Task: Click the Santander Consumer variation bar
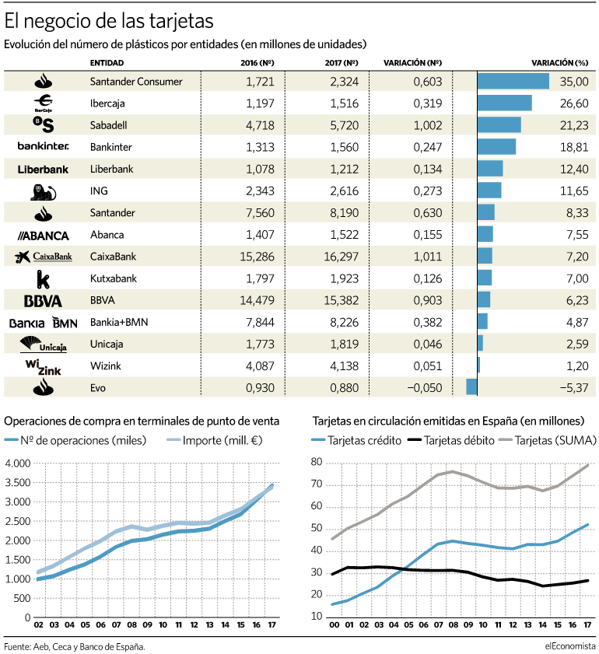tap(513, 81)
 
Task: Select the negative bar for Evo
tap(471, 386)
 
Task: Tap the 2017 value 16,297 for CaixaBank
tap(342, 257)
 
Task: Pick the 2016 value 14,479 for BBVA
tap(257, 300)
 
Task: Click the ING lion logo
tap(43, 192)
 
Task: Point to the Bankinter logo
tap(43, 146)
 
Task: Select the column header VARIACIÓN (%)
tap(559, 63)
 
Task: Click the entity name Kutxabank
tap(113, 278)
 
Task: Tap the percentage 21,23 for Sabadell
tap(574, 125)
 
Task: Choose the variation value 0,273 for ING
tap(428, 191)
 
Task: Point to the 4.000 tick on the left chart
tap(18, 463)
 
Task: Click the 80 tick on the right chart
tap(317, 462)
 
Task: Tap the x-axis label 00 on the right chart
tap(335, 624)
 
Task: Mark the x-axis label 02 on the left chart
tap(38, 624)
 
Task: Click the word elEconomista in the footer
tap(569, 646)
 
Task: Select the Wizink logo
tap(43, 366)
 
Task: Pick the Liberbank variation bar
tap(490, 169)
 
